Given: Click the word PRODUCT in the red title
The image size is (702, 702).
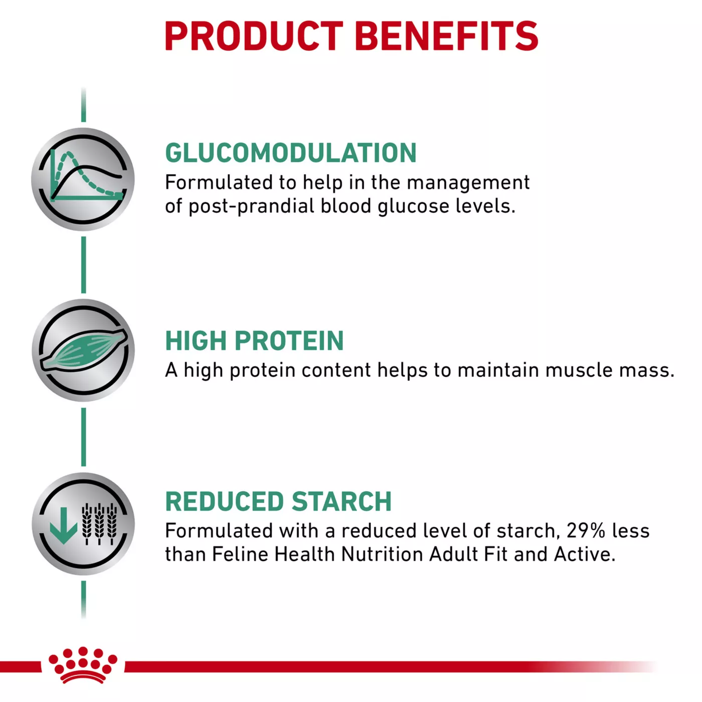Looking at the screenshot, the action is [x=254, y=36].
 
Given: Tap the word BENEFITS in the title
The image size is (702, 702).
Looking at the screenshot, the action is [x=447, y=36].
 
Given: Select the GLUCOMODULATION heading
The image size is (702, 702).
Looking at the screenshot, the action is [x=291, y=153].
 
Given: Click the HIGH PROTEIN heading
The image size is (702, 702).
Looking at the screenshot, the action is [x=254, y=340].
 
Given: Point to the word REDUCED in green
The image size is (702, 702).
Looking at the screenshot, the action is [x=225, y=501].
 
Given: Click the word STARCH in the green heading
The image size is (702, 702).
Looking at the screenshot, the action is [x=341, y=501].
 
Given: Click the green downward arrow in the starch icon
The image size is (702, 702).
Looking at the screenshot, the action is [x=64, y=525].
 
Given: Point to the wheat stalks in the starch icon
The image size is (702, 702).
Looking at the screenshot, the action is [x=99, y=524].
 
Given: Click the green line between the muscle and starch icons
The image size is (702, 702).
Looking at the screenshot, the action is [x=83, y=437].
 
